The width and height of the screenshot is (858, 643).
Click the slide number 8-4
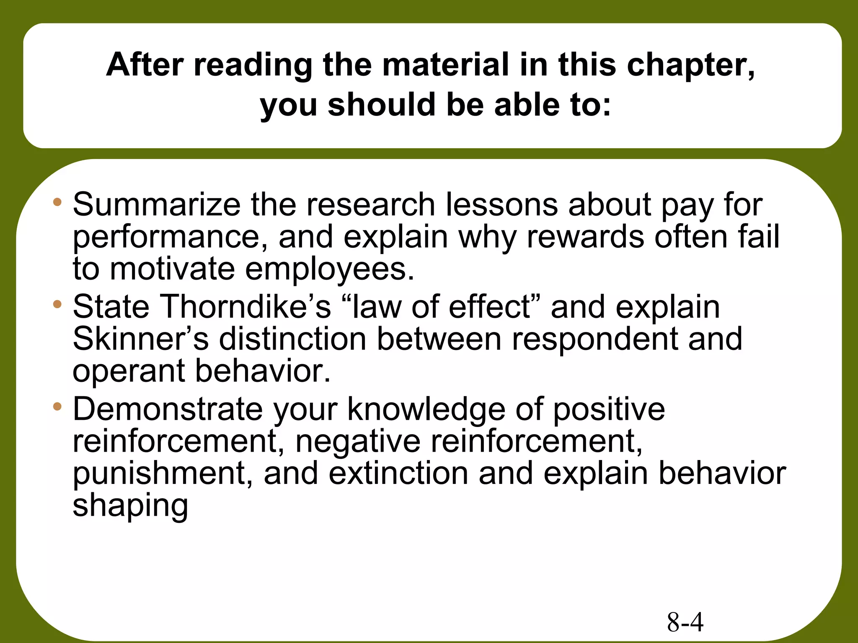pyautogui.click(x=685, y=622)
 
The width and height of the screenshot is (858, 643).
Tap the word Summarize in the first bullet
pyautogui.click(x=156, y=205)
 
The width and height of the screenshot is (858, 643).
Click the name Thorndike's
pyautogui.click(x=244, y=307)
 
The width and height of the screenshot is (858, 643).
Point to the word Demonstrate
pyautogui.click(x=168, y=409)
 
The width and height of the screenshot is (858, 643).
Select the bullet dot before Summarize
pyautogui.click(x=57, y=203)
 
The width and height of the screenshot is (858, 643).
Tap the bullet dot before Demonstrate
pyautogui.click(x=57, y=406)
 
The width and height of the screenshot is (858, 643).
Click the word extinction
pyautogui.click(x=398, y=473)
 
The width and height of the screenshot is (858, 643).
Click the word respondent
pyautogui.click(x=594, y=340)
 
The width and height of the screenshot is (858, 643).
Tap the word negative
pyautogui.click(x=358, y=442)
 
